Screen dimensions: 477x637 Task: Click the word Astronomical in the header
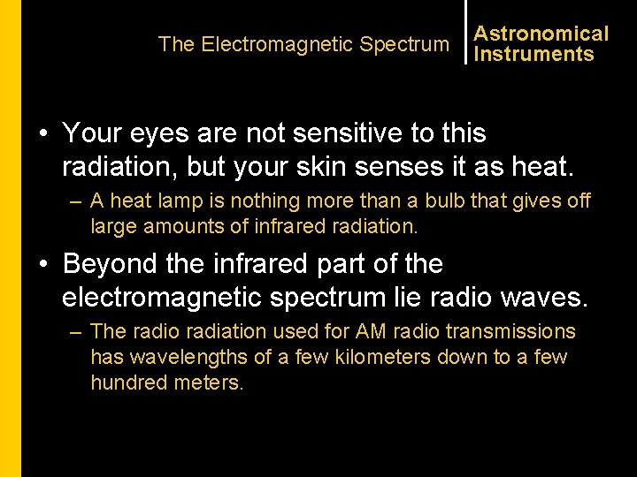(x=541, y=34)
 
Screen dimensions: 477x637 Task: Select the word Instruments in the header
(x=533, y=54)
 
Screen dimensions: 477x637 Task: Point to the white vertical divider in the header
(x=464, y=33)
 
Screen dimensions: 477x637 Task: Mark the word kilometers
(x=377, y=358)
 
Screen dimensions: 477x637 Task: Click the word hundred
(x=124, y=382)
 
